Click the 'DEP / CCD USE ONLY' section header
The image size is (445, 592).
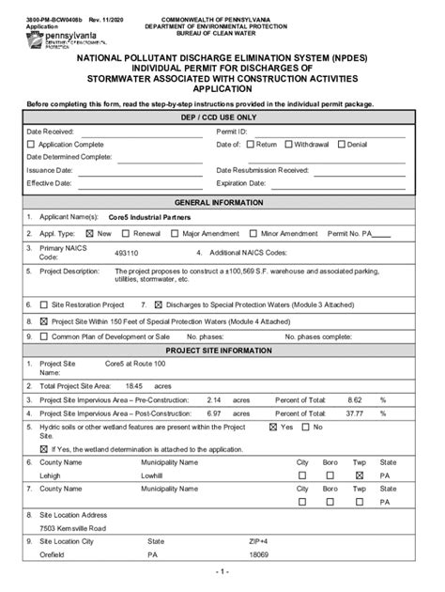[x=222, y=117]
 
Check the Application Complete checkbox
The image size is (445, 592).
[x=31, y=145]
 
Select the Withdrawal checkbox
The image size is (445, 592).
[x=289, y=145]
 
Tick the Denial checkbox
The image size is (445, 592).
[x=342, y=145]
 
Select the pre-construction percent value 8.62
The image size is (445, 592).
[x=355, y=399]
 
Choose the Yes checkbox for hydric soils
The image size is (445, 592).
[x=273, y=427]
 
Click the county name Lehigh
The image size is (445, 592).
[x=51, y=476]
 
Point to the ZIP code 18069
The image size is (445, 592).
[x=258, y=554]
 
